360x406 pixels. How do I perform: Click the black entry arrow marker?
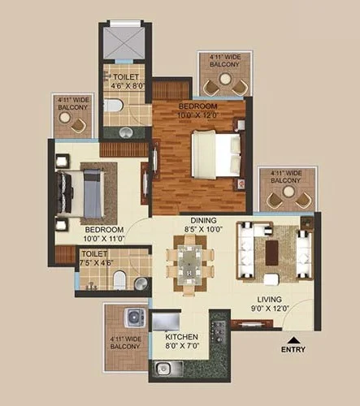point(293,340)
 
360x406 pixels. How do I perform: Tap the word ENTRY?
point(293,350)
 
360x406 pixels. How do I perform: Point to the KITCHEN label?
point(183,336)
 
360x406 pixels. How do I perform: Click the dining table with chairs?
point(190,266)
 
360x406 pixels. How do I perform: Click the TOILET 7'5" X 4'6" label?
point(95,258)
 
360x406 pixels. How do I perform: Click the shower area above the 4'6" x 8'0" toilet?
point(123,41)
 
